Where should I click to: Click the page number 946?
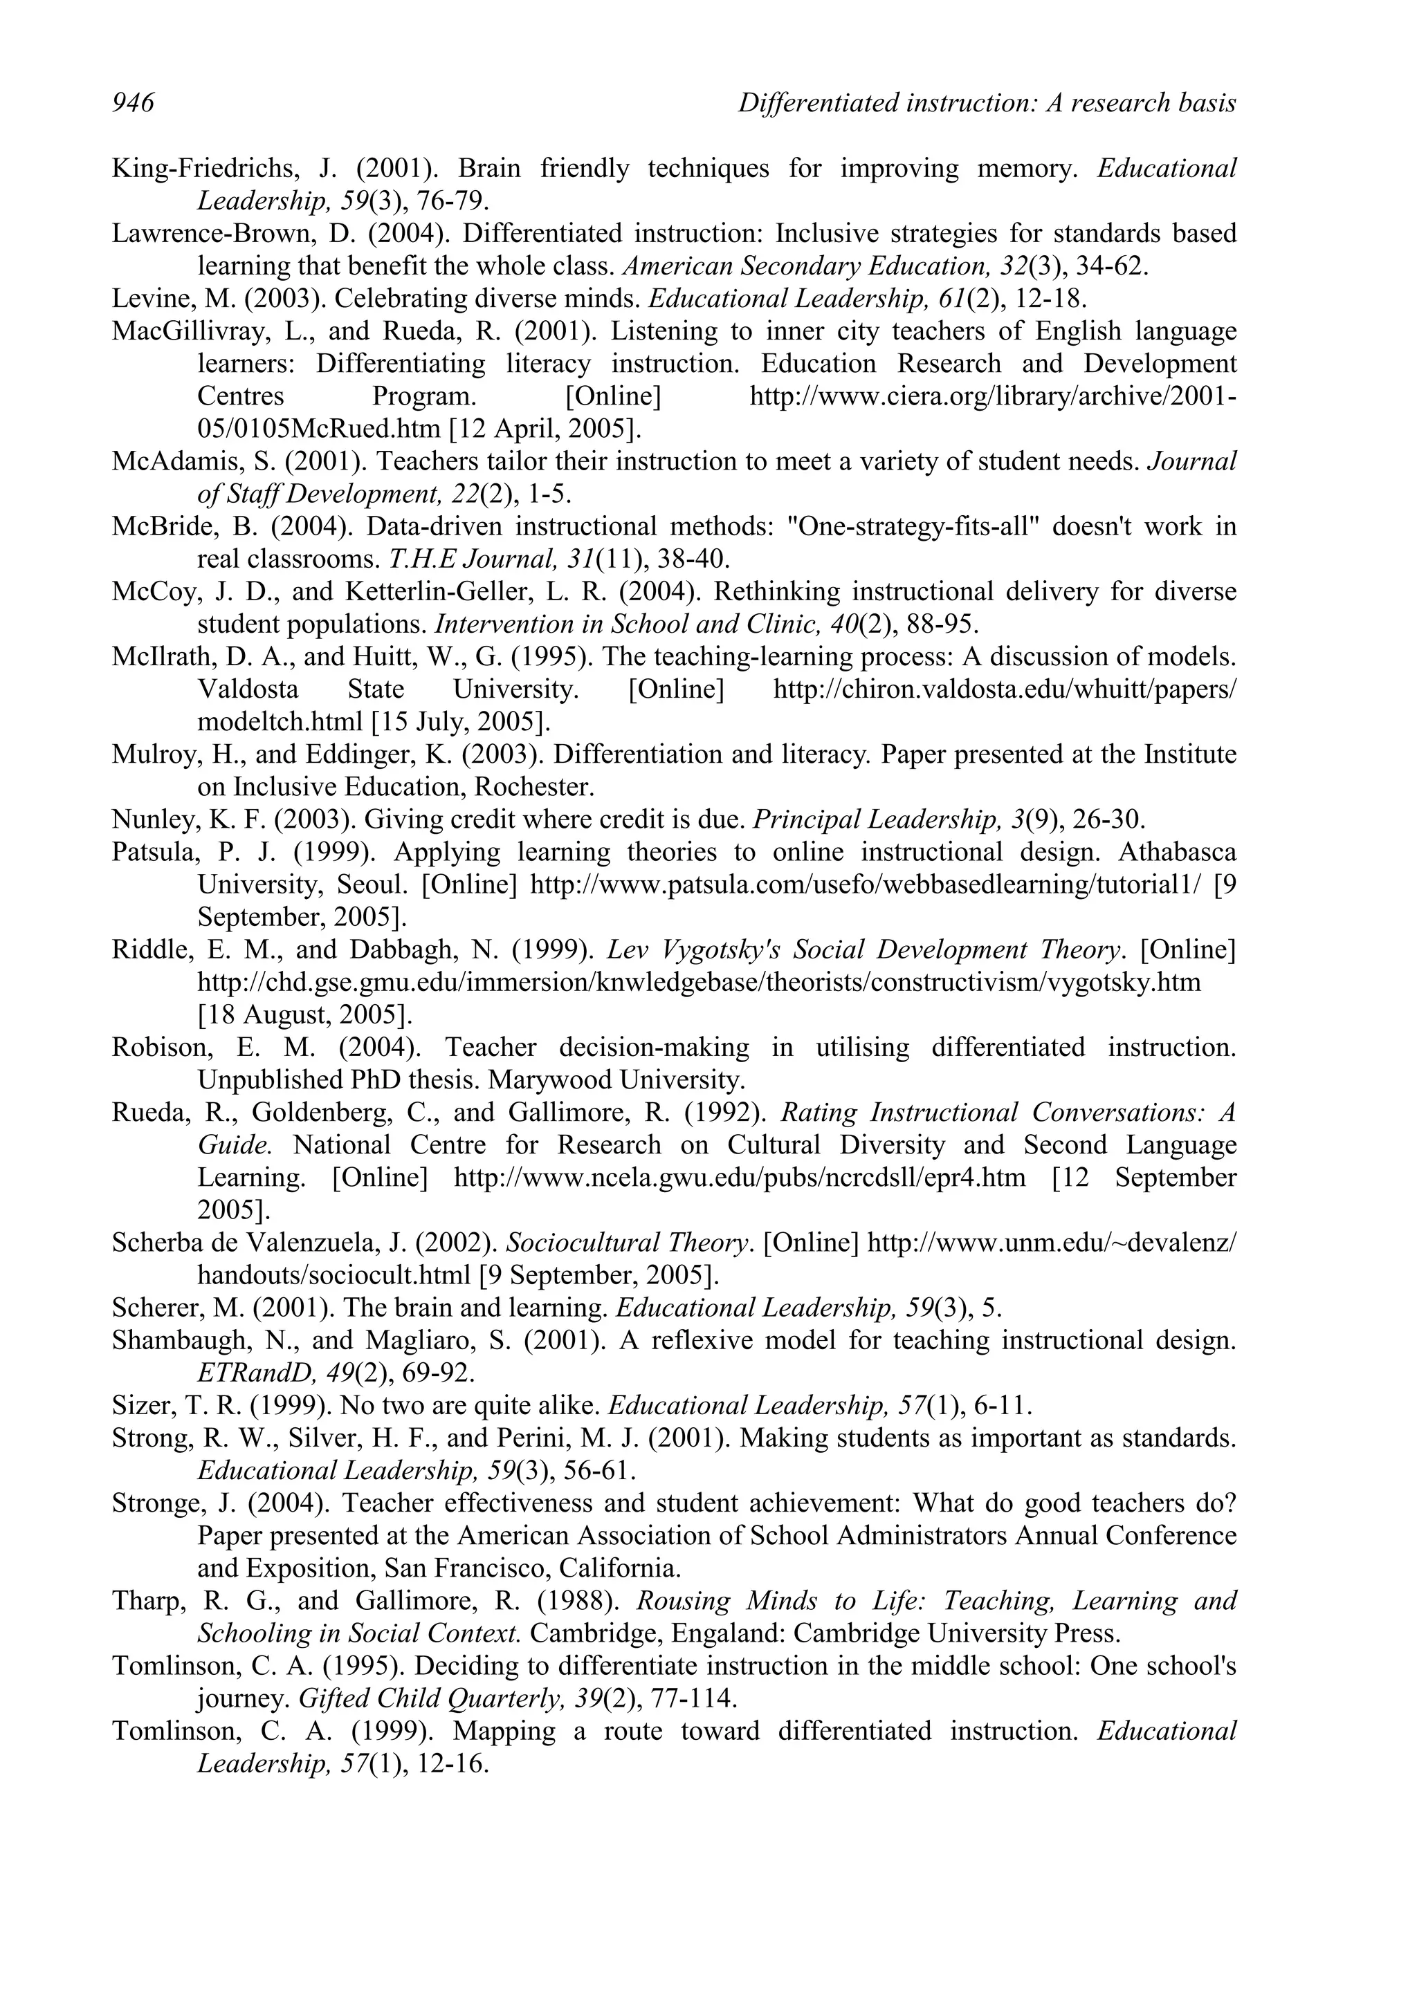pos(133,103)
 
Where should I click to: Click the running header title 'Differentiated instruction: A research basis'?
pos(987,103)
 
